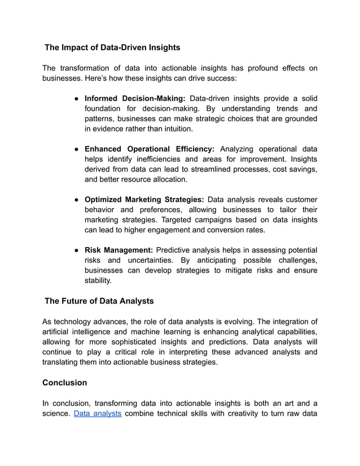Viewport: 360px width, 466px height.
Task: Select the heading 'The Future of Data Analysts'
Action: click(99, 301)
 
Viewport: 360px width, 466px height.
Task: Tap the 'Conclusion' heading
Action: click(65, 383)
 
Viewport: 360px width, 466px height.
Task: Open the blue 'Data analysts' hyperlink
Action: click(98, 414)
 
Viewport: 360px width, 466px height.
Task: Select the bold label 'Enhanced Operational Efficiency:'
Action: click(150, 149)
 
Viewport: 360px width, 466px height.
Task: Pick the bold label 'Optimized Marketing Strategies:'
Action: click(144, 199)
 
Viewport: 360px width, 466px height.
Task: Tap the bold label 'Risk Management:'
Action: click(119, 250)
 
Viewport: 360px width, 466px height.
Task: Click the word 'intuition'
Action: click(174, 129)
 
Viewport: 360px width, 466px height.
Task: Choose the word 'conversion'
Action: click(221, 230)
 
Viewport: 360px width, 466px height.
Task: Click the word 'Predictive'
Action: click(176, 250)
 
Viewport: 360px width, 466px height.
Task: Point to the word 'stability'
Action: click(98, 280)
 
